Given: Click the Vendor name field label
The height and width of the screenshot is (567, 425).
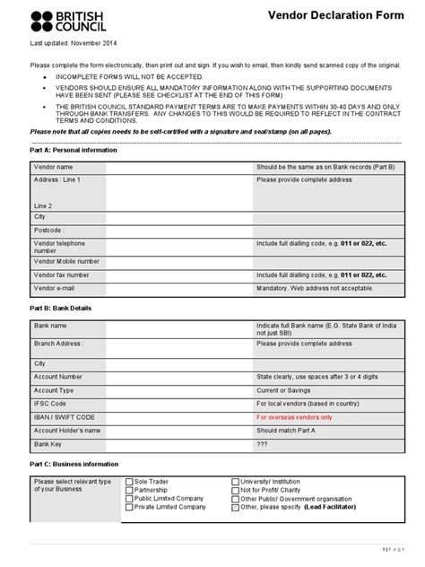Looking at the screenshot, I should pyautogui.click(x=54, y=167).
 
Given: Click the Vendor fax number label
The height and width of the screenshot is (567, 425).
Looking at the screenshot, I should pyautogui.click(x=61, y=275).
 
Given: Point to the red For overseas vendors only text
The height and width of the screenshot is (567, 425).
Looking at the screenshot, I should pyautogui.click(x=294, y=417).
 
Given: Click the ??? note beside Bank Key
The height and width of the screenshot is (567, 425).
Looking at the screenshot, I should pyautogui.click(x=263, y=444).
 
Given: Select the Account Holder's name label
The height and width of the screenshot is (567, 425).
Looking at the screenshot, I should pyautogui.click(x=67, y=431).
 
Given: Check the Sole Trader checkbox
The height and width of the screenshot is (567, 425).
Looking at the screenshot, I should pyautogui.click(x=128, y=482).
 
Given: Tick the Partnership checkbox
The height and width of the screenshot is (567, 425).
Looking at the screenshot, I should pyautogui.click(x=128, y=490).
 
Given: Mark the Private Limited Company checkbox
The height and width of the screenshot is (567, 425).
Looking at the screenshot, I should pyautogui.click(x=128, y=507).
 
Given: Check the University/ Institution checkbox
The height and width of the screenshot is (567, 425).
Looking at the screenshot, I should pyautogui.click(x=235, y=482).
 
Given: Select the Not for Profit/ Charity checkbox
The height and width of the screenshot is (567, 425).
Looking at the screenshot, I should pyautogui.click(x=235, y=490).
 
